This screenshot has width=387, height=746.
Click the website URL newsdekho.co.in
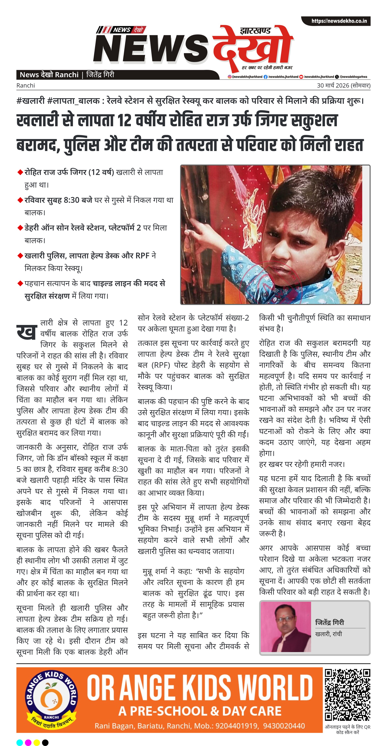tap(339, 21)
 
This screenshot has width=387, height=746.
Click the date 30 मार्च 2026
tap(333, 85)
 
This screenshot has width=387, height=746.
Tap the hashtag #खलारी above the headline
tap(30, 101)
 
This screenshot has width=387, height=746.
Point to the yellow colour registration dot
tap(37, 742)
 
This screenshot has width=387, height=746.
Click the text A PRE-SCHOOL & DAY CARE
tap(200, 711)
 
